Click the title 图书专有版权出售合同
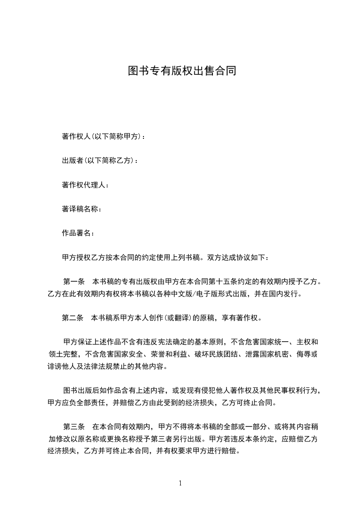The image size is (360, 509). point(182,71)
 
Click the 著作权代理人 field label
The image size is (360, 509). point(84,185)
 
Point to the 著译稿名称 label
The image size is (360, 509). point(80,209)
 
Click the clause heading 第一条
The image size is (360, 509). point(73,282)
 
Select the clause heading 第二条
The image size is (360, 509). point(73,318)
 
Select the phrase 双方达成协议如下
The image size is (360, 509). point(238,258)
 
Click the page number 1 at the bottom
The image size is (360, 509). point(180,484)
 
